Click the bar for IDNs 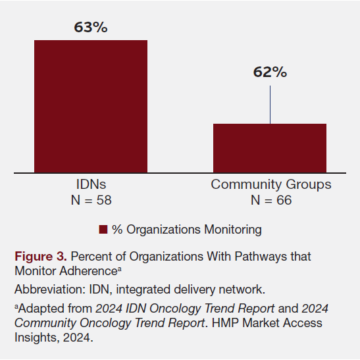tap(91, 107)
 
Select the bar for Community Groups tap(270, 148)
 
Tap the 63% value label tap(91, 28)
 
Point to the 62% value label tap(270, 72)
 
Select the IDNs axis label tap(91, 185)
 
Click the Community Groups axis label tap(270, 185)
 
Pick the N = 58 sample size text tap(91, 199)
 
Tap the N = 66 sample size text tap(270, 199)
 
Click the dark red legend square tap(103, 230)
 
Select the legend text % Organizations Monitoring tap(187, 230)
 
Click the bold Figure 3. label tap(40, 257)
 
